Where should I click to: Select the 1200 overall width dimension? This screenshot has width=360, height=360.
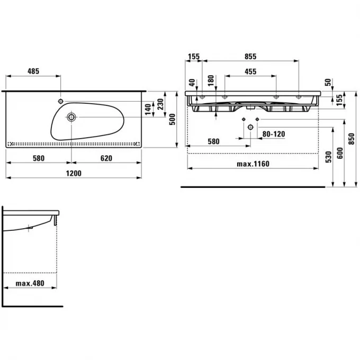coord(74,173)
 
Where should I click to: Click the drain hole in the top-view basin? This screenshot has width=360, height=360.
coord(71,117)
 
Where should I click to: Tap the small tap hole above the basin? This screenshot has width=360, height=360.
coord(61,101)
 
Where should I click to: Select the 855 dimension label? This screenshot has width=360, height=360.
coord(250,56)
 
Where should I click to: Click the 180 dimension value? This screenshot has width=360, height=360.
coord(211,80)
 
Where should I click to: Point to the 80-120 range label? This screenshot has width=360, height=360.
coord(274,134)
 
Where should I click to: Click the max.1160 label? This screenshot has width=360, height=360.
coord(253,164)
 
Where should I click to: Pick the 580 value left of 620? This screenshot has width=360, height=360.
coord(38,158)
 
